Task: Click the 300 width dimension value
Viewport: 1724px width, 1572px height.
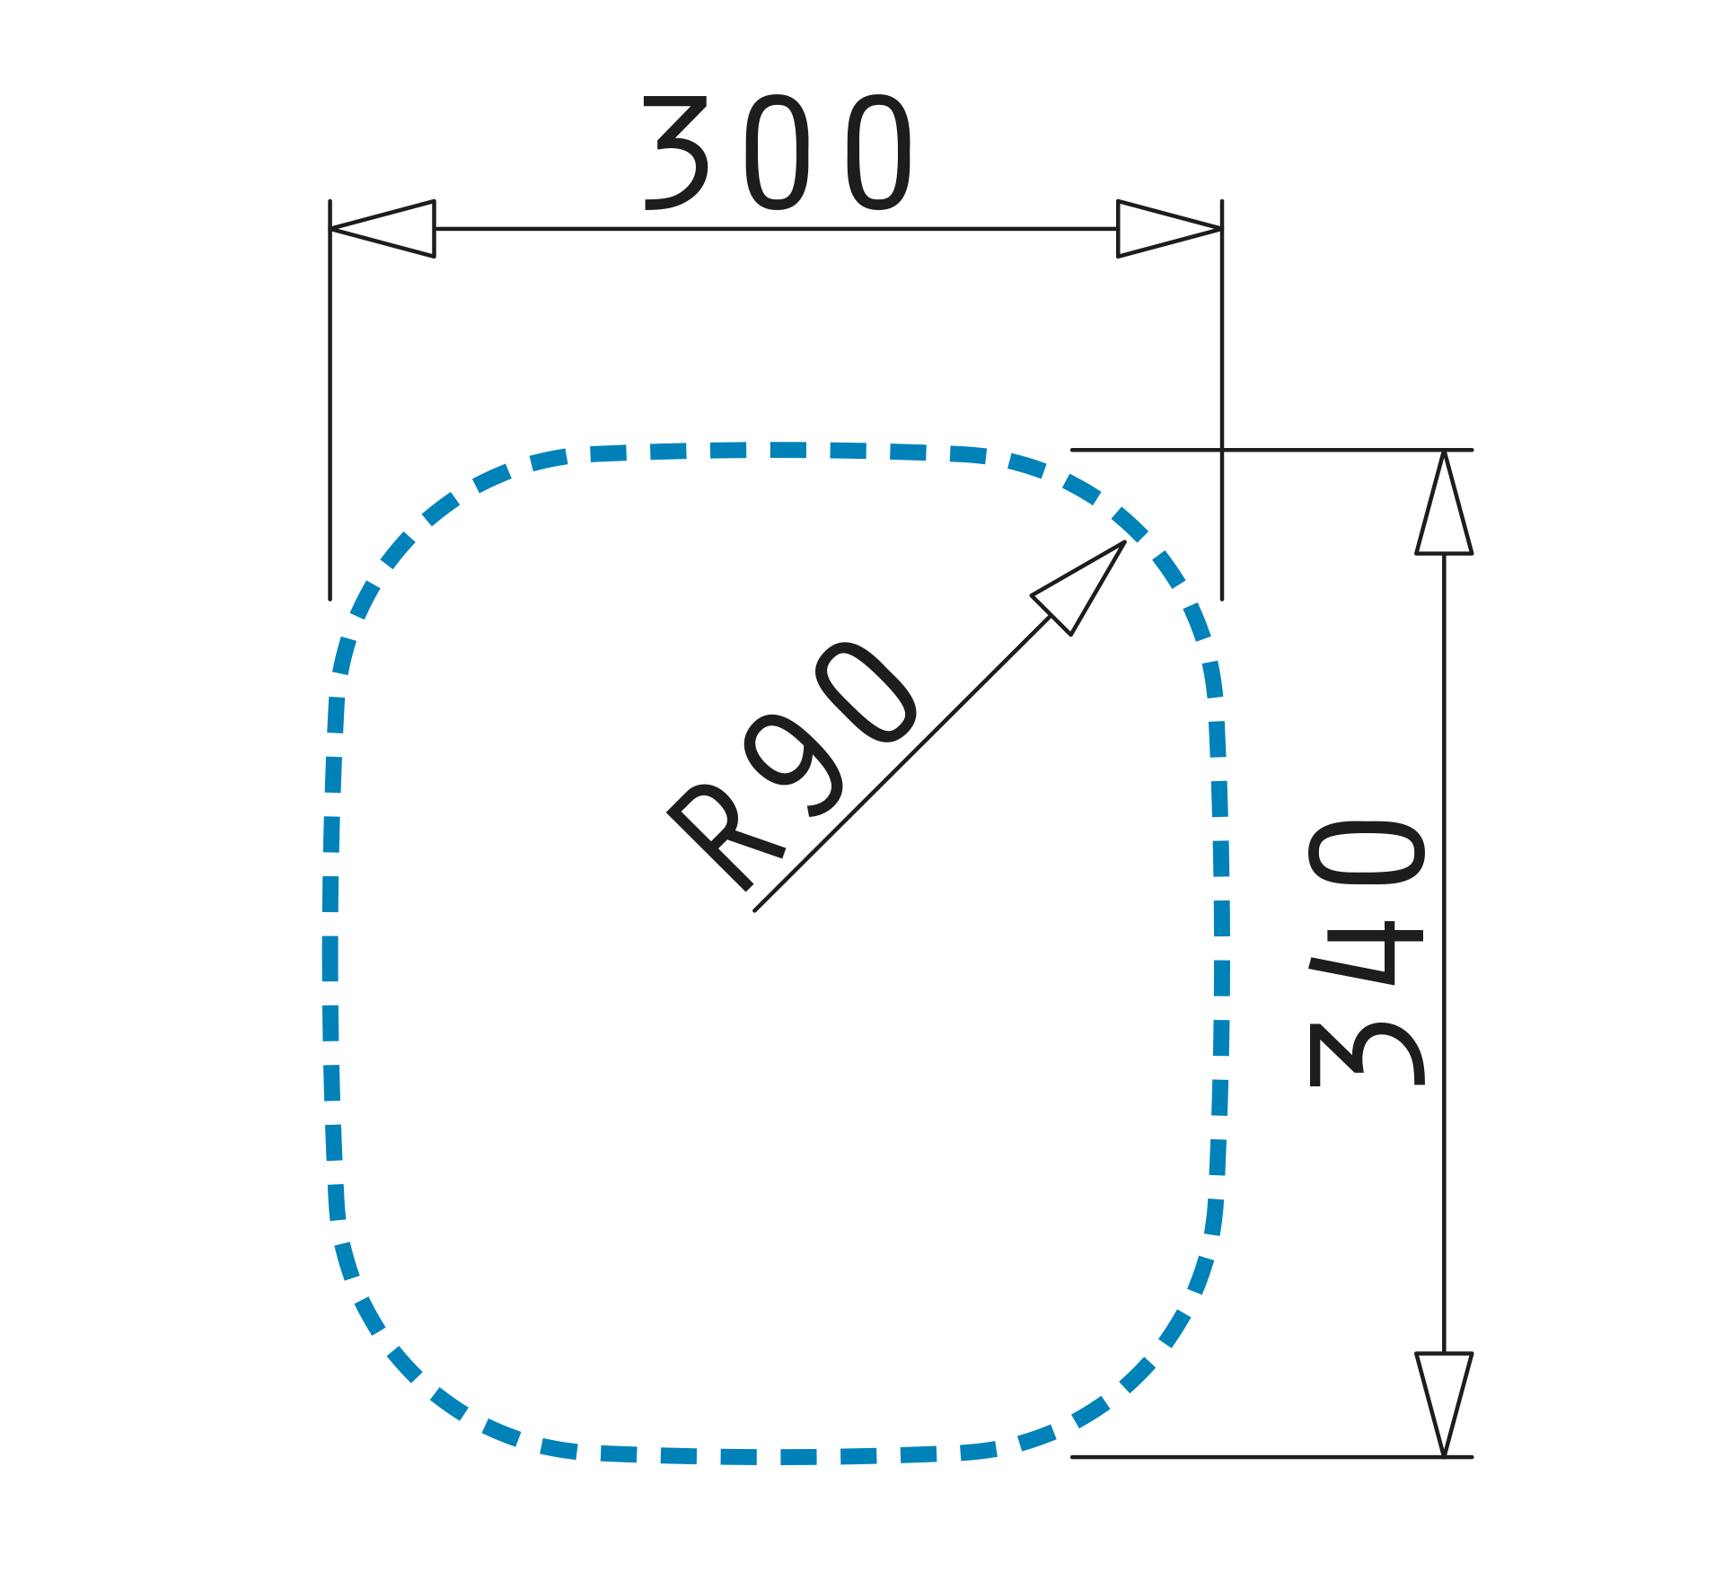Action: [x=778, y=153]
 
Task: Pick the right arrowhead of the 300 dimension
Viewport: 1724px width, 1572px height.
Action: [x=1167, y=229]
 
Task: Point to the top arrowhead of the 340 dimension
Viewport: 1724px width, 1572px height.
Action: [x=1444, y=507]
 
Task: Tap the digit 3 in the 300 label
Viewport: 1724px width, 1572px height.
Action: [x=675, y=153]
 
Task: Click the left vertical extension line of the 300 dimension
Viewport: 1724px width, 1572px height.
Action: [x=330, y=404]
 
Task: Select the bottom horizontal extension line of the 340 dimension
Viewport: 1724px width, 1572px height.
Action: [x=1257, y=1457]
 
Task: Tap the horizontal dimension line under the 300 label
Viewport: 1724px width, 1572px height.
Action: [x=778, y=229]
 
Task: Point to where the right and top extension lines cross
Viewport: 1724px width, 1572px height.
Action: [x=1222, y=449]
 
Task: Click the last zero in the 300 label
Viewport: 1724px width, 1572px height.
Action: [x=880, y=153]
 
